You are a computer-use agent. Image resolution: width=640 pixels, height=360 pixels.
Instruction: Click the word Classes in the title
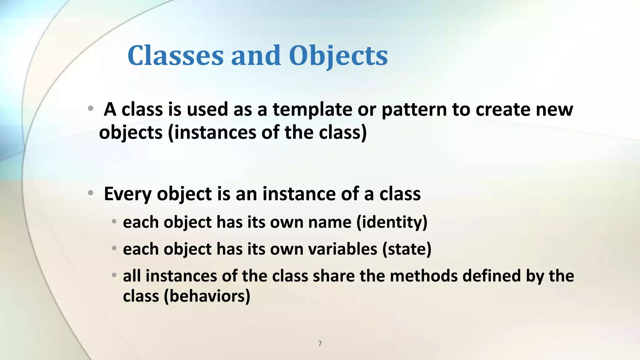pos(176,56)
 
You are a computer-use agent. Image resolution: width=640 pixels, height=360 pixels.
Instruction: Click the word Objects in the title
pos(338,56)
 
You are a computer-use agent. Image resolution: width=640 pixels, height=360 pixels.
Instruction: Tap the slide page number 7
pos(320,343)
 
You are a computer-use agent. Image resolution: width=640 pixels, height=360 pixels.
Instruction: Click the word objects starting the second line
pos(131,133)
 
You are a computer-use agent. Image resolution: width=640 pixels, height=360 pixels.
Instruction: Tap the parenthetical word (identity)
pos(392,222)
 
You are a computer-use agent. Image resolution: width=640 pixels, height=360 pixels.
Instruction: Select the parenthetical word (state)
pos(407,249)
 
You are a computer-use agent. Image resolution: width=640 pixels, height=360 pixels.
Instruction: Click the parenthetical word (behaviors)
pos(207,296)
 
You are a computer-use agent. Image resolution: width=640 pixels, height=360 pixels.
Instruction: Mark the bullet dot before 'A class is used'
pos(90,109)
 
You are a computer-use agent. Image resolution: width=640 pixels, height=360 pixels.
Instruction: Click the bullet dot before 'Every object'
pos(90,193)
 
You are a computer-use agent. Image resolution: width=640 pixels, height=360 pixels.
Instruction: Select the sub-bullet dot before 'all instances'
pos(114,275)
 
